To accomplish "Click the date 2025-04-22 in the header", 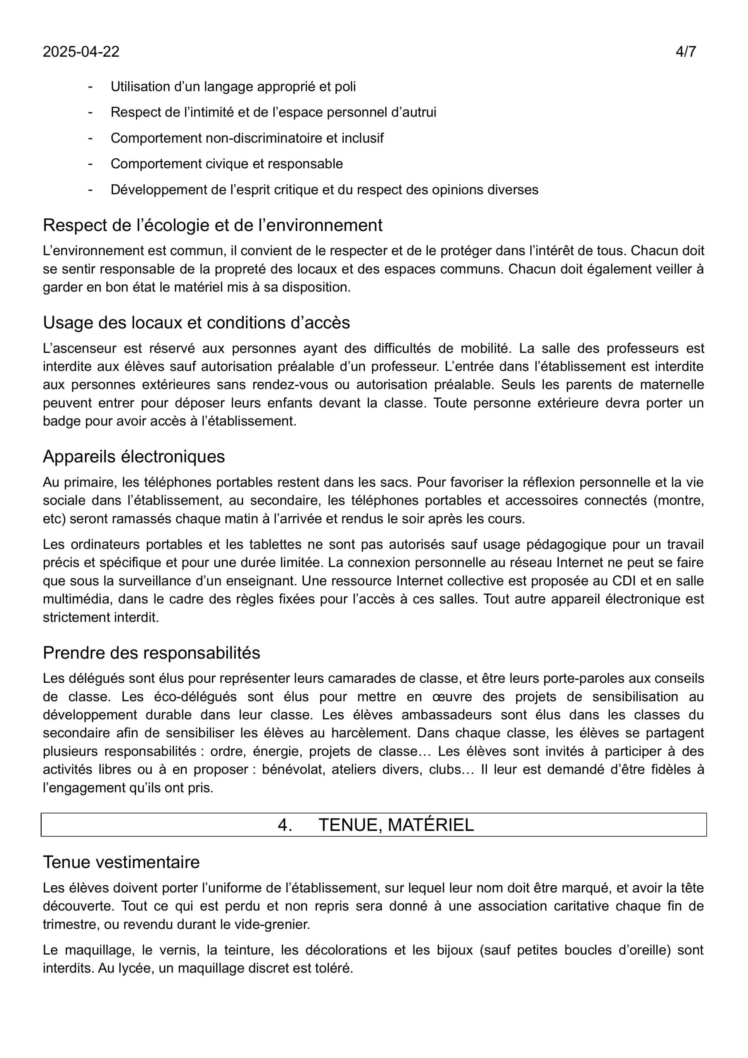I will pos(81,52).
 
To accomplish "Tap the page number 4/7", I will pos(685,52).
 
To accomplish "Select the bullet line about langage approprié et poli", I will pos(233,87).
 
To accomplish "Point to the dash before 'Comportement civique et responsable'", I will pos(90,164).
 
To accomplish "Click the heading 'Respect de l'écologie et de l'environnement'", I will pos(212,225).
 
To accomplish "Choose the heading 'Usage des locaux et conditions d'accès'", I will pos(196,323).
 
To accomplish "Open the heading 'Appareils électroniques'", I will pos(133,457).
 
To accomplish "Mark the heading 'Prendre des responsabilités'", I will pos(152,653).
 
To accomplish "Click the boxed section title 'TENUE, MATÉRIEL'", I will pos(396,825).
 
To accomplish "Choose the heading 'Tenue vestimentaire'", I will pos(121,862).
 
